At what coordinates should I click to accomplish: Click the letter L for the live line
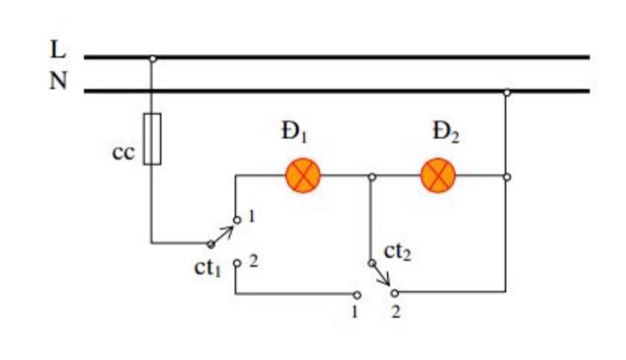tap(58, 49)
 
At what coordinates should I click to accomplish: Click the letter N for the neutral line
tap(58, 81)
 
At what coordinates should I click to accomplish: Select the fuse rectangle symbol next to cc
tap(153, 139)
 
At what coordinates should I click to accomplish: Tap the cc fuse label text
tap(124, 152)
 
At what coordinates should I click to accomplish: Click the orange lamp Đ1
tap(303, 176)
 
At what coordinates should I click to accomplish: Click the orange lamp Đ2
tap(438, 176)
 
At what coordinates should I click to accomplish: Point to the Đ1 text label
tap(294, 132)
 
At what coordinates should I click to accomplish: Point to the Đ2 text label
tap(446, 132)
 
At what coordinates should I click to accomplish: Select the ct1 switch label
tap(207, 267)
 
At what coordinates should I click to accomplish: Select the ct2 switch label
tap(397, 252)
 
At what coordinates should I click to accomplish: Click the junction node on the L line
tap(153, 59)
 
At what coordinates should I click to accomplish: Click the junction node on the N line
tap(507, 93)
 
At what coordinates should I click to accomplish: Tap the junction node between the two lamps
tap(372, 176)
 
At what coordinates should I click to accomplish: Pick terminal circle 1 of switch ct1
tap(237, 220)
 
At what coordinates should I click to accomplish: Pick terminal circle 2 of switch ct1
tap(237, 263)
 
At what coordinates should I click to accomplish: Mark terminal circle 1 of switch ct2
tap(357, 295)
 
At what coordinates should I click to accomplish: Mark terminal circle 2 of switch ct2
tap(394, 293)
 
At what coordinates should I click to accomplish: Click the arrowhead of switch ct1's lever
tap(230, 230)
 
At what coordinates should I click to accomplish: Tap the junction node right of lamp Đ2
tap(507, 177)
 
